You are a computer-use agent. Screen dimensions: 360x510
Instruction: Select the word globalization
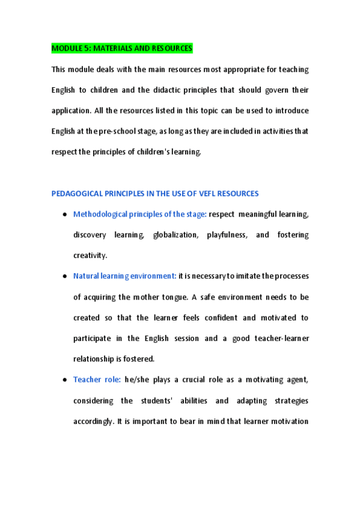[175, 235]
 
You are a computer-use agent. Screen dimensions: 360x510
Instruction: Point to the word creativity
[90, 256]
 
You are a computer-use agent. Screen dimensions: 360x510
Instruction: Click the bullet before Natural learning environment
[64, 277]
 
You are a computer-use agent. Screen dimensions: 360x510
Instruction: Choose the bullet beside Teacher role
[64, 380]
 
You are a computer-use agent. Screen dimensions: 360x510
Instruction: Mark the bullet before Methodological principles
[64, 215]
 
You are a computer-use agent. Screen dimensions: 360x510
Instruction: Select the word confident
[225, 318]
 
